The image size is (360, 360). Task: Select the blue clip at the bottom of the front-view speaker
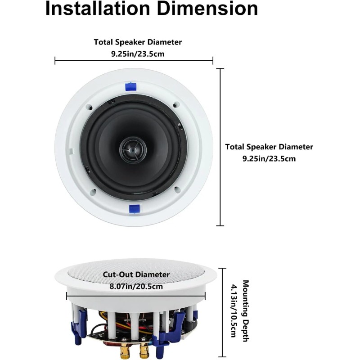(x=134, y=207)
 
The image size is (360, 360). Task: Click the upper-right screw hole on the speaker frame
(x=175, y=105)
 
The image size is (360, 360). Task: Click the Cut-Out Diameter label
(x=136, y=274)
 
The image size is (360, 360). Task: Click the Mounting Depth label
(x=246, y=310)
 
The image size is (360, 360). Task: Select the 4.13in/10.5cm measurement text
(x=234, y=310)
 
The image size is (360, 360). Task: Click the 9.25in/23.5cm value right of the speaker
(x=269, y=158)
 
